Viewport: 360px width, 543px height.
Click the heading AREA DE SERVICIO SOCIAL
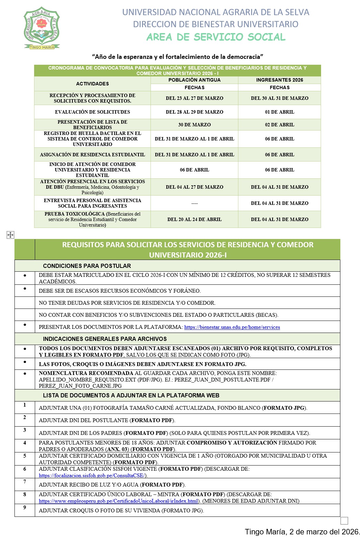click(216, 37)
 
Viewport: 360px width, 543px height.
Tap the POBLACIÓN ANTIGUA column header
click(194, 80)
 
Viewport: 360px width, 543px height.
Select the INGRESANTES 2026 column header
click(279, 80)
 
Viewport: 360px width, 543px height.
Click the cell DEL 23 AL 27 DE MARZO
click(194, 98)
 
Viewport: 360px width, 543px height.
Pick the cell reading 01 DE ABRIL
click(279, 112)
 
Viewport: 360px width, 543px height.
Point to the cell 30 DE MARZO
click(194, 125)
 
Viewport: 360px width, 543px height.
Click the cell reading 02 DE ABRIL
click(279, 125)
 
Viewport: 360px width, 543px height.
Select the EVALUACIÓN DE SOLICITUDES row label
click(92, 112)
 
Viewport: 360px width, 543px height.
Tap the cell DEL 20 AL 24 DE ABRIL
click(194, 219)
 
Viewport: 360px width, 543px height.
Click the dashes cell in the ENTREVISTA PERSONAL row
click(194, 203)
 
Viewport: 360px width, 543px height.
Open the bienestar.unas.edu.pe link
click(232, 327)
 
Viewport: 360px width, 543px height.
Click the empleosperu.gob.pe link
click(119, 501)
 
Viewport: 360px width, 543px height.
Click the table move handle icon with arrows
click(10, 235)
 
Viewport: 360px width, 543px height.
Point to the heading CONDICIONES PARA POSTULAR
click(87, 266)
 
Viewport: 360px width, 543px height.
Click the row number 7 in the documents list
click(24, 482)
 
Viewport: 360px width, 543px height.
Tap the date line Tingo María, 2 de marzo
click(302, 532)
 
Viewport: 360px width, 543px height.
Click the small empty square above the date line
click(344, 521)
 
